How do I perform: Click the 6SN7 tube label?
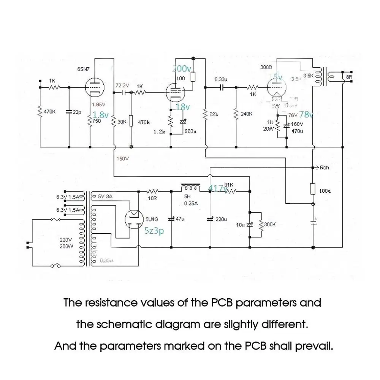coord(84,69)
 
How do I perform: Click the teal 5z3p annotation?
coord(154,231)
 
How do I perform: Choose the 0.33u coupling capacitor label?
coord(221,80)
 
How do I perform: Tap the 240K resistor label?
coord(247,114)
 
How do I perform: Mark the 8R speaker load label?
coord(349,77)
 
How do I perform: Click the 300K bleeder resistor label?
coord(270,225)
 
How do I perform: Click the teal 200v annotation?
coord(181,69)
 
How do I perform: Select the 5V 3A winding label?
coord(106,196)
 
